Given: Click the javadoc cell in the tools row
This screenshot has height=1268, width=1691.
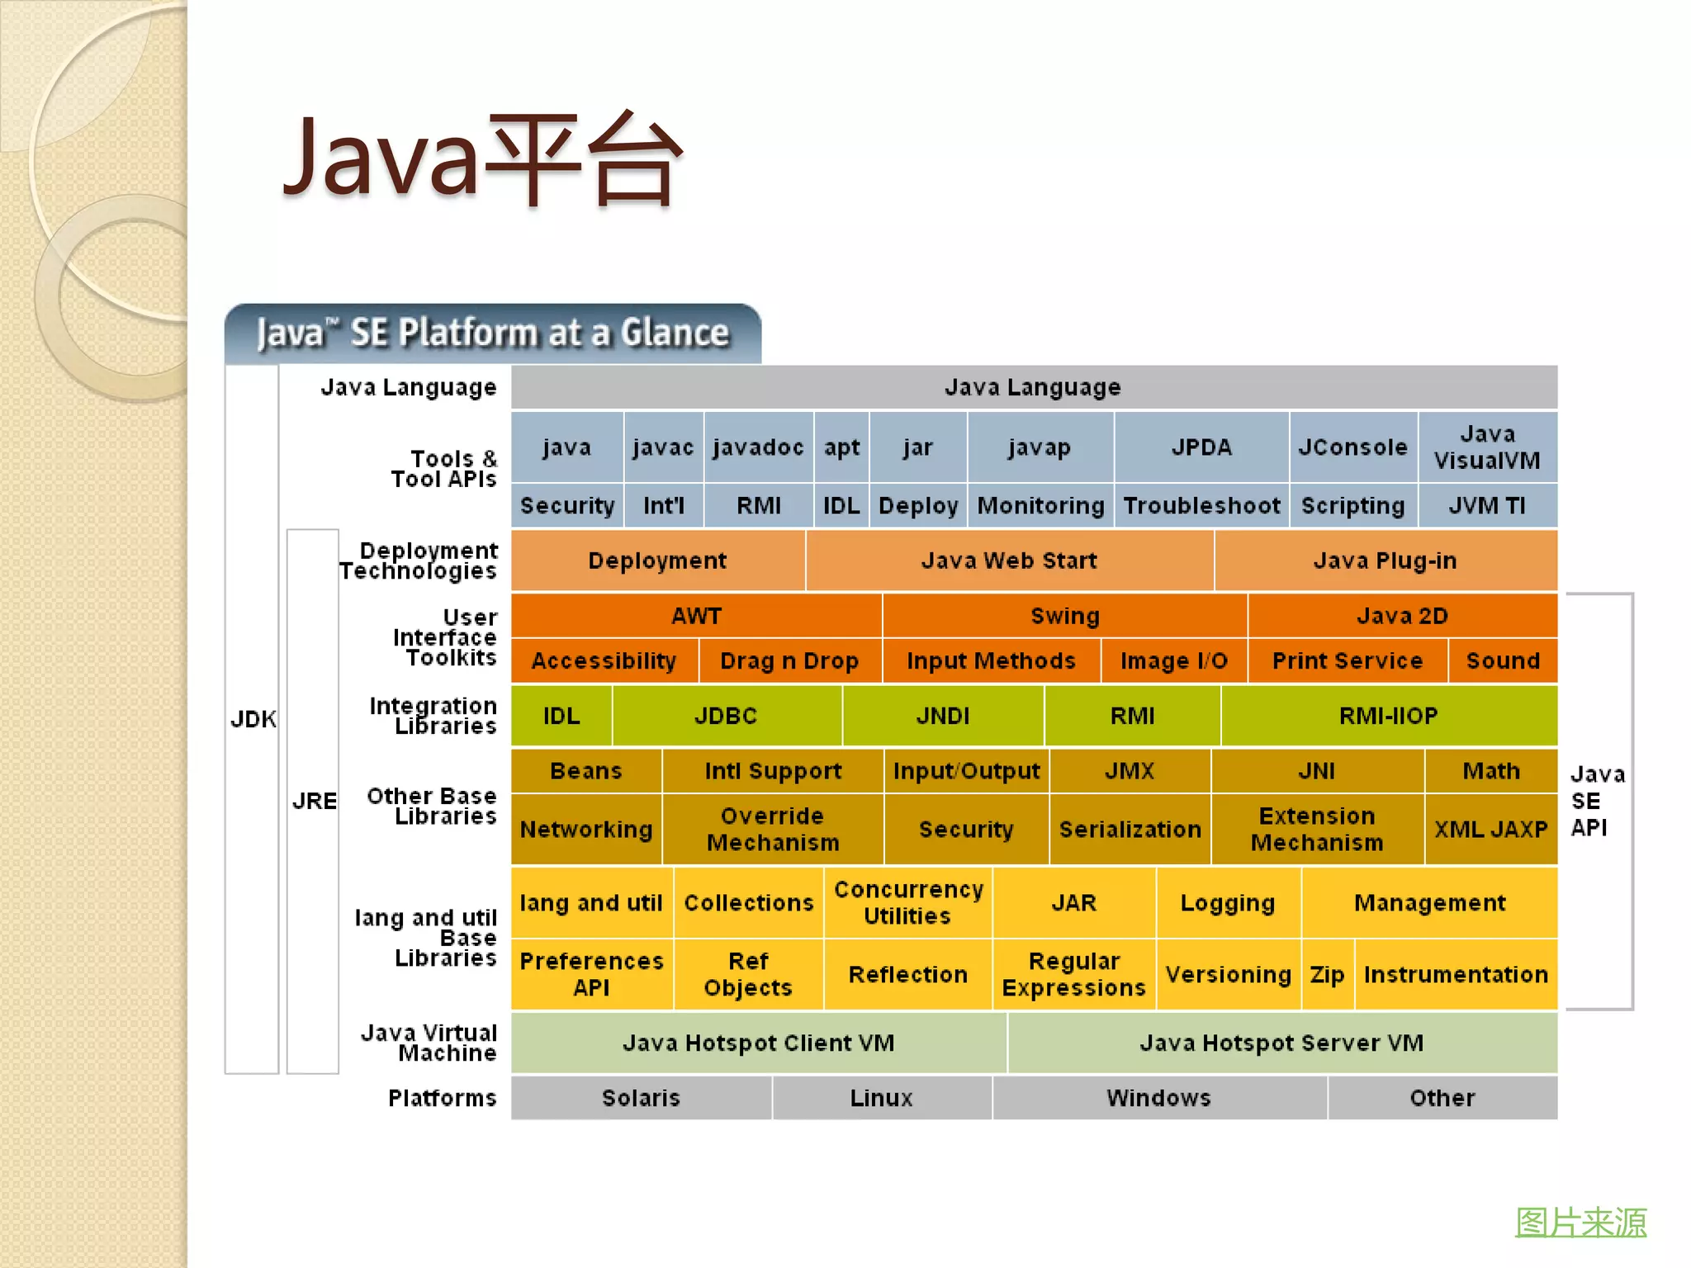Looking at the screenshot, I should [x=758, y=447].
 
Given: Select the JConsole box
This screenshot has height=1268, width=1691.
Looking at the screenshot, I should [x=1352, y=447].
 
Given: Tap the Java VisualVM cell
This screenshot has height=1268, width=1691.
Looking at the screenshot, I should [x=1487, y=447].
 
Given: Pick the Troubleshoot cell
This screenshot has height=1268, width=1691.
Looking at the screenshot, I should [x=1201, y=505].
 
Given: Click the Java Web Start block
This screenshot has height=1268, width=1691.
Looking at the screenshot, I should [x=1009, y=561].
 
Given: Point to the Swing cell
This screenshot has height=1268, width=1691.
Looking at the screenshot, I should [x=1065, y=616].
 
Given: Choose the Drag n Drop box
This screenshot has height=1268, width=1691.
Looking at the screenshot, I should [x=789, y=660].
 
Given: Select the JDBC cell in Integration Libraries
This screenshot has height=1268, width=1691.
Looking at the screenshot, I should [x=726, y=716].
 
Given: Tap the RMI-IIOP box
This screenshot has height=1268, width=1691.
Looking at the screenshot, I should [x=1389, y=716].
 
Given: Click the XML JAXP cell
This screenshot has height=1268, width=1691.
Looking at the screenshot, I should [x=1490, y=829].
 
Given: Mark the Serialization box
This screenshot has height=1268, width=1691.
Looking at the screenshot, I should [x=1130, y=829].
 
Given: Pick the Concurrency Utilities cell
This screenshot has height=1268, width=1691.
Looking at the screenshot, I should [x=908, y=902].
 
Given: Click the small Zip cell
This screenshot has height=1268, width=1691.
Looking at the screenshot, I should [x=1327, y=974].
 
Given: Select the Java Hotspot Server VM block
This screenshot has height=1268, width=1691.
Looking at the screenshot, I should [x=1281, y=1043].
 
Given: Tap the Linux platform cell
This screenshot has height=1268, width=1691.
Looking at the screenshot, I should [x=881, y=1098].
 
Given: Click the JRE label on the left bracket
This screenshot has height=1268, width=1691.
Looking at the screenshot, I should [x=314, y=801].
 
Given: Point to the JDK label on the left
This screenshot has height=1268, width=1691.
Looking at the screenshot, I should [x=253, y=719].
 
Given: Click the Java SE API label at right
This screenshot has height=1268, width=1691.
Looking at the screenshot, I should [x=1595, y=801].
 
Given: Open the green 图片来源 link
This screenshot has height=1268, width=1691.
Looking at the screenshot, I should [x=1580, y=1222].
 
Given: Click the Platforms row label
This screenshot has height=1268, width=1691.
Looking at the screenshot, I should [x=443, y=1098].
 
